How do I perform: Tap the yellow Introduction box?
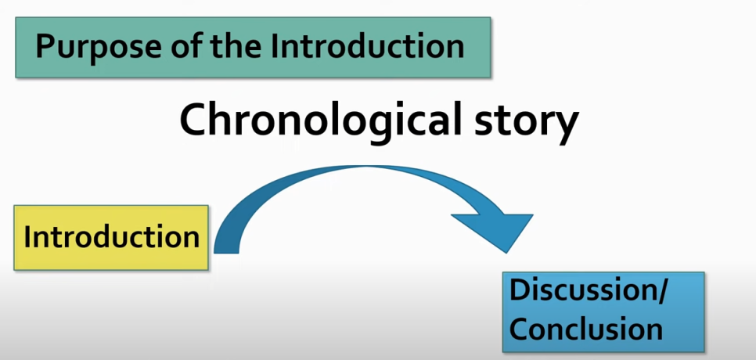click(111, 238)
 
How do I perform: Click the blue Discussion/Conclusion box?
click(603, 311)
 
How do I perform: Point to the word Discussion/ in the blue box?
click(589, 292)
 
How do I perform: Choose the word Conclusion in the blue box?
click(586, 329)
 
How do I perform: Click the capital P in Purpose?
click(45, 46)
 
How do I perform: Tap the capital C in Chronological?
click(192, 121)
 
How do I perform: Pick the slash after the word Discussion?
click(660, 292)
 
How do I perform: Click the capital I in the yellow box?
click(27, 236)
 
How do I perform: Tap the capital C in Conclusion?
click(519, 329)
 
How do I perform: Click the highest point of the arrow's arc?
click(366, 167)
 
